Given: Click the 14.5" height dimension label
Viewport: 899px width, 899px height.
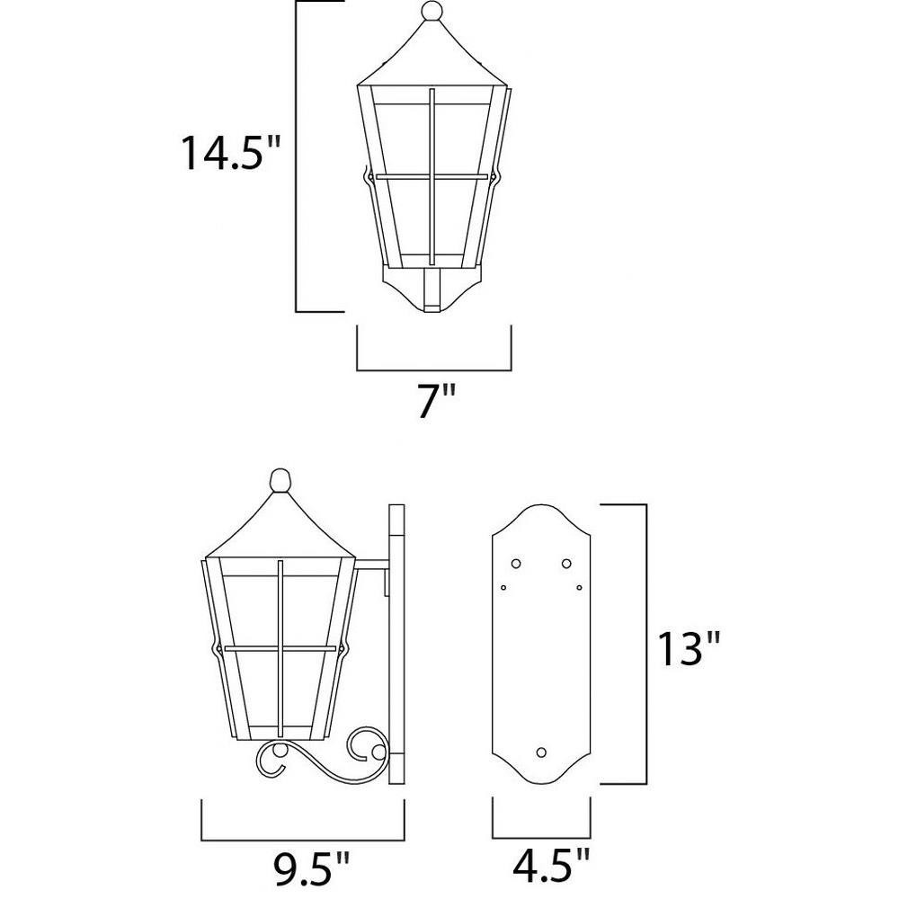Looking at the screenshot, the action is pyautogui.click(x=230, y=153).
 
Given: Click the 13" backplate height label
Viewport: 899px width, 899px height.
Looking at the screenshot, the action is pyautogui.click(x=689, y=649).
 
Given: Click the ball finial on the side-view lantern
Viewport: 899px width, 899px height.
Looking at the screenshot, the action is pyautogui.click(x=280, y=480).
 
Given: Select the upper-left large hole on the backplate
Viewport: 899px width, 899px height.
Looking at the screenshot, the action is pyautogui.click(x=515, y=564).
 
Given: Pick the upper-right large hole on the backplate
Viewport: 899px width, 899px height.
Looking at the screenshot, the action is pyautogui.click(x=566, y=564).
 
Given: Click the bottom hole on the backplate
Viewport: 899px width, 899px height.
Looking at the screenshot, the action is pyautogui.click(x=540, y=752).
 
